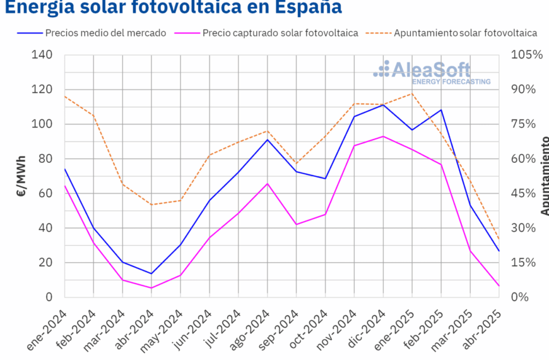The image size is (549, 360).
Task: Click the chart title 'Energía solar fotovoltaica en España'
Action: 172,8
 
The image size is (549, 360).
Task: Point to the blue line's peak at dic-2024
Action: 383,105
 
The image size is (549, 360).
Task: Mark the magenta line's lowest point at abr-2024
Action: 151,288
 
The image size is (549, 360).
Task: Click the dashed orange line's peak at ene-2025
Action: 412,93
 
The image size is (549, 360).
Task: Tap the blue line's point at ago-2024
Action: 268,140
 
